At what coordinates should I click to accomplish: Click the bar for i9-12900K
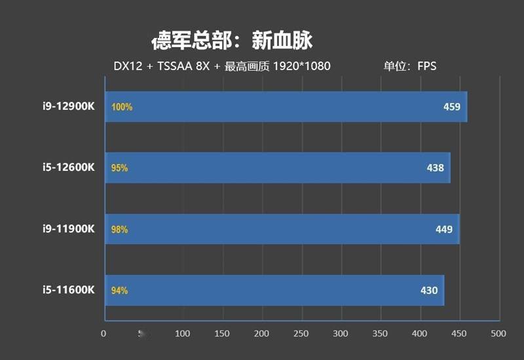(286, 107)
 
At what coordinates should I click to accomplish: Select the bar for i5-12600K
(277, 168)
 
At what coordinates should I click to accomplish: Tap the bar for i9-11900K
(282, 229)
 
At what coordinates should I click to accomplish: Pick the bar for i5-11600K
(274, 290)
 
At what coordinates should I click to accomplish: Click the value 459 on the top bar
(451, 107)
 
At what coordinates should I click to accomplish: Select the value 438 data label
(435, 168)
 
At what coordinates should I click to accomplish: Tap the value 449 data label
(443, 229)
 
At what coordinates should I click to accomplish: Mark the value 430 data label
(429, 290)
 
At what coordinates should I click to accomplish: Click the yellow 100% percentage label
(122, 107)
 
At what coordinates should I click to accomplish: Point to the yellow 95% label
(119, 168)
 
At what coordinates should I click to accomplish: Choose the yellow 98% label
(119, 229)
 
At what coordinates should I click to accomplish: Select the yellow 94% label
(119, 290)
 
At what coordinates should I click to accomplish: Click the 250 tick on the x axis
(301, 334)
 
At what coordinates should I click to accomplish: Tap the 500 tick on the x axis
(498, 334)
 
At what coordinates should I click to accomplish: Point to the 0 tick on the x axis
(103, 334)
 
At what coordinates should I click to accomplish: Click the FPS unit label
(426, 66)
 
